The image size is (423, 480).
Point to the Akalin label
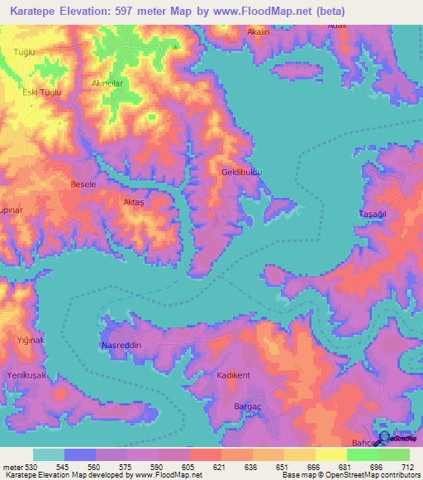(x=259, y=31)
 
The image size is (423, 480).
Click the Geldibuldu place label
(x=241, y=172)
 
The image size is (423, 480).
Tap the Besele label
(x=84, y=184)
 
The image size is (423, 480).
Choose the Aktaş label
(x=133, y=202)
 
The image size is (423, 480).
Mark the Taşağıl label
(x=373, y=214)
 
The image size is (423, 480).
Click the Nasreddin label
(x=121, y=344)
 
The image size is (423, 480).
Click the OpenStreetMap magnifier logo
(x=385, y=442)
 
